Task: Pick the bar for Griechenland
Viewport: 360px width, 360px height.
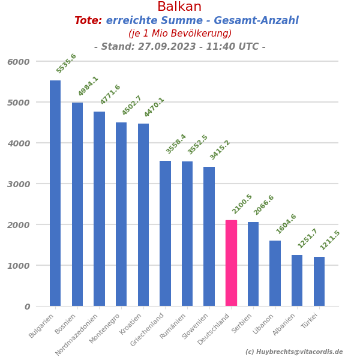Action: (x=165, y=233)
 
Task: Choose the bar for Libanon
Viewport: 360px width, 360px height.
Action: (x=275, y=273)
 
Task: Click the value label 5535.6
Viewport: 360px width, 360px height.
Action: (x=67, y=64)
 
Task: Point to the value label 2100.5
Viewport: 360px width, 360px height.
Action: (x=242, y=203)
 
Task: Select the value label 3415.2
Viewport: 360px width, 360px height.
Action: (x=220, y=150)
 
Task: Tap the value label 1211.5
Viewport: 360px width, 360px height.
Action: (x=330, y=240)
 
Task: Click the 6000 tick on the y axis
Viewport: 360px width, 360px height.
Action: (x=19, y=62)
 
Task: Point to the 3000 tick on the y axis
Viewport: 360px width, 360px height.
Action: (x=19, y=184)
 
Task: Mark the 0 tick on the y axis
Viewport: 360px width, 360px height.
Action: (x=27, y=307)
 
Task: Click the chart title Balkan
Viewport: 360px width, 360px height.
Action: (x=179, y=7)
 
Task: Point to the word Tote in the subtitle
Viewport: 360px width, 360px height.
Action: (x=88, y=21)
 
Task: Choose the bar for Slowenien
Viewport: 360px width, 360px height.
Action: (x=209, y=236)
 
